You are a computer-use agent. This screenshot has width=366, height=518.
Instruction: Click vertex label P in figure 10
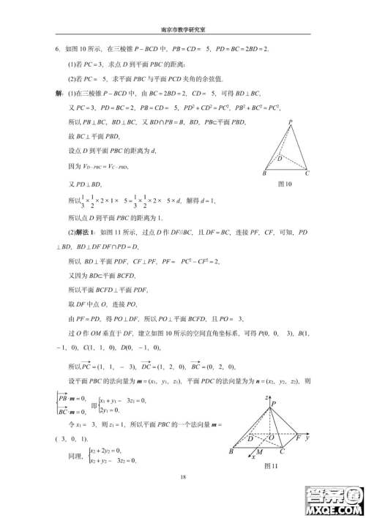point(291,122)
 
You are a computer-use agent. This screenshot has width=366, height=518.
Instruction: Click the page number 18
point(183,476)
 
